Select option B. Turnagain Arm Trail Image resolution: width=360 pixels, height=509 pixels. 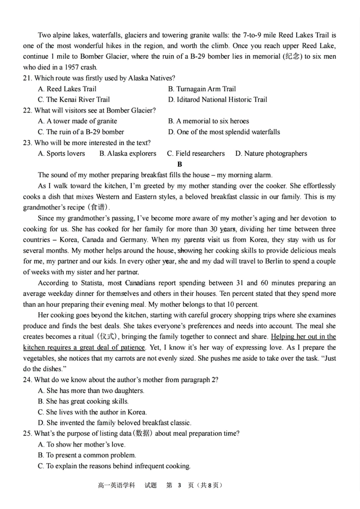202,89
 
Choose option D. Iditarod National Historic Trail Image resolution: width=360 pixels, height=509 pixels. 218,100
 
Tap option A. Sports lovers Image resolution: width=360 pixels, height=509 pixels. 61,154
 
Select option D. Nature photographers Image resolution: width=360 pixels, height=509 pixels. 271,154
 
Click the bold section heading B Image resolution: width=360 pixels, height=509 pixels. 180,164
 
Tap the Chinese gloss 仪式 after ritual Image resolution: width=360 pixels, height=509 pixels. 108,337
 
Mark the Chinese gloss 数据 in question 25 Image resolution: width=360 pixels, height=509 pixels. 142,434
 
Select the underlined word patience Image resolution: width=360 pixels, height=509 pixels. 133,348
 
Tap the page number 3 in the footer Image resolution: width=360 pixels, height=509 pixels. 180,485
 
